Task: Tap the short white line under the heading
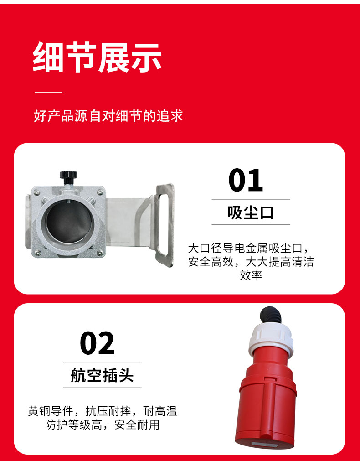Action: click(x=49, y=93)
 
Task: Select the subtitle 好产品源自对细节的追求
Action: click(x=108, y=116)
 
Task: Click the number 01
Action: click(x=246, y=180)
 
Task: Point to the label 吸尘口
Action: click(x=251, y=212)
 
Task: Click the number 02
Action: click(x=97, y=343)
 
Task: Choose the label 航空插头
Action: click(x=102, y=375)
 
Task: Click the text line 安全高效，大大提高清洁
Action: click(x=251, y=262)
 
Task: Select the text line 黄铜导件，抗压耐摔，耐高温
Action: click(x=102, y=411)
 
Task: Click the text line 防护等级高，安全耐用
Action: click(x=102, y=425)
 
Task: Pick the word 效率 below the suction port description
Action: click(x=251, y=275)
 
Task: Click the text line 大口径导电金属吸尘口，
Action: click(x=251, y=249)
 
